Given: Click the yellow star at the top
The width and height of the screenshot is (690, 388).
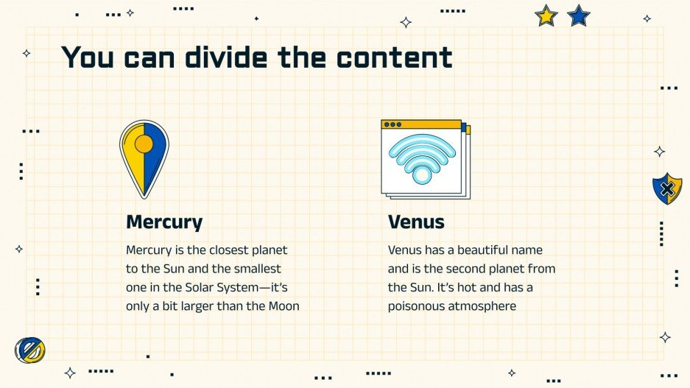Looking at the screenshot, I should tap(546, 15).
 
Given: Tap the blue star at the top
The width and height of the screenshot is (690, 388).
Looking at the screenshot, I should tap(579, 15).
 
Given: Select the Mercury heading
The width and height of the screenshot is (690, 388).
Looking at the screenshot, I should tap(164, 222).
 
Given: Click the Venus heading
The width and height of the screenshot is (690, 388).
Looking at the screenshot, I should tap(416, 222).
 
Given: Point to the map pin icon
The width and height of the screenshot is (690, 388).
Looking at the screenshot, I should tap(144, 158).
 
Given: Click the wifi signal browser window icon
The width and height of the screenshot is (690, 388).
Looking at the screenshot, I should tap(425, 159).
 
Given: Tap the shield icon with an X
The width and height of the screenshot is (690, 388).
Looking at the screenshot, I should tap(666, 188).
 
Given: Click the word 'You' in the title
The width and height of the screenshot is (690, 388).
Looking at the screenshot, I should tap(88, 57).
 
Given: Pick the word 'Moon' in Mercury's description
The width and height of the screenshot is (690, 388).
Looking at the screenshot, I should tap(284, 306).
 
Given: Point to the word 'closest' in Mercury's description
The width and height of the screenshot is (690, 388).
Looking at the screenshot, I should tap(229, 250).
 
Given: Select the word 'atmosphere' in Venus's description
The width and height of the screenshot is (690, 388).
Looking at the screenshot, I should tap(482, 306).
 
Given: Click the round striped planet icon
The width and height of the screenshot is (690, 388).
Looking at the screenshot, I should tap(30, 350).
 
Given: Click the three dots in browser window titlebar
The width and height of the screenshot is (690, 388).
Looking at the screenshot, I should tap(392, 124).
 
